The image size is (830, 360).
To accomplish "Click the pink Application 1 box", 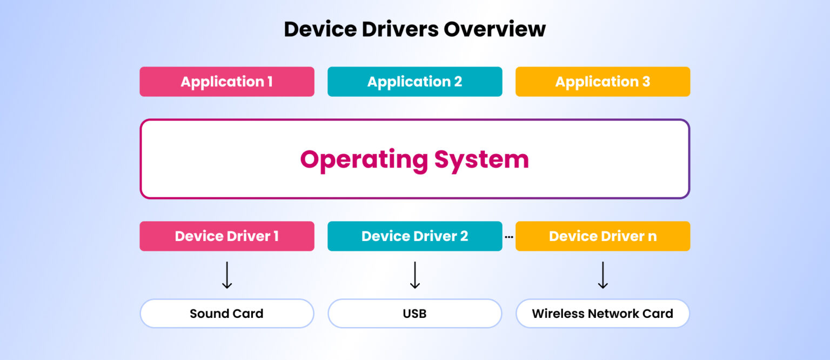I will pyautogui.click(x=227, y=82).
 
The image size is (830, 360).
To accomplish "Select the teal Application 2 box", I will pyautogui.click(x=414, y=82).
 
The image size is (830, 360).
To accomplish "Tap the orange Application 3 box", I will pyautogui.click(x=603, y=82).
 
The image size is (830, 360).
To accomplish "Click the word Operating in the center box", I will pyautogui.click(x=364, y=160).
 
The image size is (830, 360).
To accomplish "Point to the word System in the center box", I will pyautogui.click(x=481, y=160).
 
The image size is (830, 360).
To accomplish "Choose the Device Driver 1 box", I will pyautogui.click(x=227, y=236).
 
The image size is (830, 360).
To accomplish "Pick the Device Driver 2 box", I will pyautogui.click(x=414, y=236).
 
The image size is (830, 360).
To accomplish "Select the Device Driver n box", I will pyautogui.click(x=603, y=236).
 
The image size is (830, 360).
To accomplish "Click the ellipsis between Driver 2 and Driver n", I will pyautogui.click(x=508, y=236).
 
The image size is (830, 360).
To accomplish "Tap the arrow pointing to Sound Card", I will pyautogui.click(x=227, y=275).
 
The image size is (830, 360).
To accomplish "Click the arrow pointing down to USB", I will pyautogui.click(x=414, y=275).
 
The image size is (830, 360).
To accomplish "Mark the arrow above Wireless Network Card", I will pyautogui.click(x=603, y=275).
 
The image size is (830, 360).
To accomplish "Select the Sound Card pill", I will pyautogui.click(x=227, y=314).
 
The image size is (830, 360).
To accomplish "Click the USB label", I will pyautogui.click(x=414, y=314).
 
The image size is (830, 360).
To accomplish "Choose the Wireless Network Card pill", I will pyautogui.click(x=603, y=314).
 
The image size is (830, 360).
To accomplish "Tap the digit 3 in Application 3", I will pyautogui.click(x=646, y=82).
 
